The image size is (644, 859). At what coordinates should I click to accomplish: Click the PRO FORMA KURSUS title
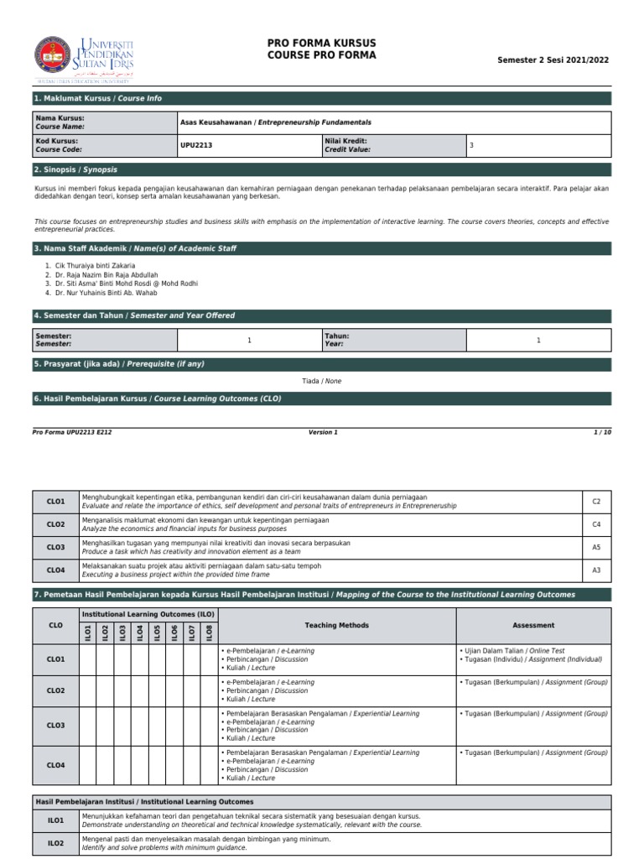pyautogui.click(x=321, y=44)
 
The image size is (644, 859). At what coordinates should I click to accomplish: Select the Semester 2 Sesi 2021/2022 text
pyautogui.click(x=553, y=60)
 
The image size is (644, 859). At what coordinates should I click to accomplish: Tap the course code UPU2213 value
pyautogui.click(x=196, y=145)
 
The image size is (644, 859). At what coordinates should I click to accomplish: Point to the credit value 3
pyautogui.click(x=472, y=145)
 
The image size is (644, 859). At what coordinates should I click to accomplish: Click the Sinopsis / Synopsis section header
pyautogui.click(x=75, y=169)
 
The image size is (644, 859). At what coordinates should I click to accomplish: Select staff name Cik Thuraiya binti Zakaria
pyautogui.click(x=94, y=265)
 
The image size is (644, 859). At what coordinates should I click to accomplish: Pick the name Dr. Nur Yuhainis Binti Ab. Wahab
pyautogui.click(x=106, y=293)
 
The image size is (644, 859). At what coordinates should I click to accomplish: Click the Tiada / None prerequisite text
pyautogui.click(x=321, y=381)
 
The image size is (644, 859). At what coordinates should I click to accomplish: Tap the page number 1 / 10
pyautogui.click(x=602, y=432)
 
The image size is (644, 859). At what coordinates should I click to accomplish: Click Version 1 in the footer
pyautogui.click(x=323, y=432)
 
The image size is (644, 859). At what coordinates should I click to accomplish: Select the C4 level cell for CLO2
pyautogui.click(x=596, y=524)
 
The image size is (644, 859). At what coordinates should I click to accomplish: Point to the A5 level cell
pyautogui.click(x=596, y=547)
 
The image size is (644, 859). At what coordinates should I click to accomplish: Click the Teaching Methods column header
pyautogui.click(x=337, y=625)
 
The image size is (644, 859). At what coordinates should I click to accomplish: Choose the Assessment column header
pyautogui.click(x=533, y=625)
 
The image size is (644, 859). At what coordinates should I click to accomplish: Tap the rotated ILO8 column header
pyautogui.click(x=210, y=633)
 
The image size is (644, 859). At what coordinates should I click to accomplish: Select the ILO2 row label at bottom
pyautogui.click(x=55, y=843)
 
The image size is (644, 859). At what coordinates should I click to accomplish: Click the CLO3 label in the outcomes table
pyautogui.click(x=55, y=547)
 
